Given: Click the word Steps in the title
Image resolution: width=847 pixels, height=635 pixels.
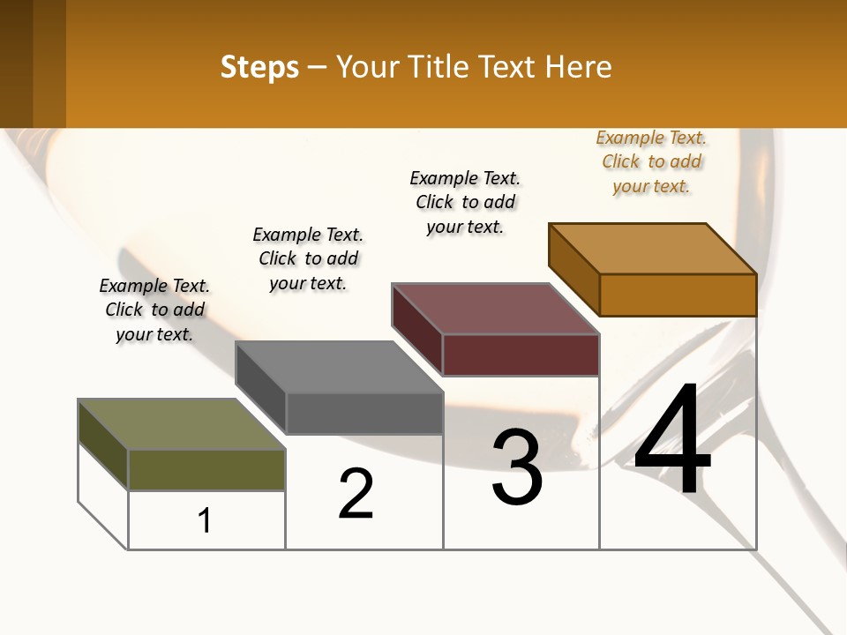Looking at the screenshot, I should click(x=259, y=67).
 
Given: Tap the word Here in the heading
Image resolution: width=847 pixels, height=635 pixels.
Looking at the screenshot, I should click(x=578, y=67).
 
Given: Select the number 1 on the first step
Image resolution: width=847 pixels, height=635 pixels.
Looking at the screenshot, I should click(x=205, y=520).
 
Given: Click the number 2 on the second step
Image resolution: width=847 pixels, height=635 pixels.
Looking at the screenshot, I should click(x=356, y=494).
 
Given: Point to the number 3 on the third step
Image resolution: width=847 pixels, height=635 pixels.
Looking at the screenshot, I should click(x=517, y=467).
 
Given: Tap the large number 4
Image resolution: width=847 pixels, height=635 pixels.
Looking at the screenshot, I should click(x=672, y=441).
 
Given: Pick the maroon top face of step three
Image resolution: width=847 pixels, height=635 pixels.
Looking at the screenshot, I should click(x=495, y=309).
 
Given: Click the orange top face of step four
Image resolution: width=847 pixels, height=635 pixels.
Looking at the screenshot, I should click(x=652, y=249).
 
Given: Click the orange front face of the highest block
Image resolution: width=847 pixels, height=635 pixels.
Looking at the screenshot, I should click(x=678, y=295).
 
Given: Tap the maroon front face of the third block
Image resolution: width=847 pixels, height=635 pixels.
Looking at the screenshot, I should click(x=521, y=355).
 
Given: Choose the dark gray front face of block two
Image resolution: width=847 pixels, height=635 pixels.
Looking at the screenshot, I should click(x=364, y=413).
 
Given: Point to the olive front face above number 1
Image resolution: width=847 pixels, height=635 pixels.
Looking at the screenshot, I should click(x=206, y=469).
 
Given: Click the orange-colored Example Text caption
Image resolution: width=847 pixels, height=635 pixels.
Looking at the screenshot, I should click(x=651, y=161).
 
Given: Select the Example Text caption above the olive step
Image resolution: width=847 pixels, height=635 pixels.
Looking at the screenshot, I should click(x=154, y=310).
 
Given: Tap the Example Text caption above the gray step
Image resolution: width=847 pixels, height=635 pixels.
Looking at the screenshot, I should click(x=308, y=258).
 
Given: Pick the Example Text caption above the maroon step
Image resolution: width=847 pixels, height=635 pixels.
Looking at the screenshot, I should click(x=465, y=202).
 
